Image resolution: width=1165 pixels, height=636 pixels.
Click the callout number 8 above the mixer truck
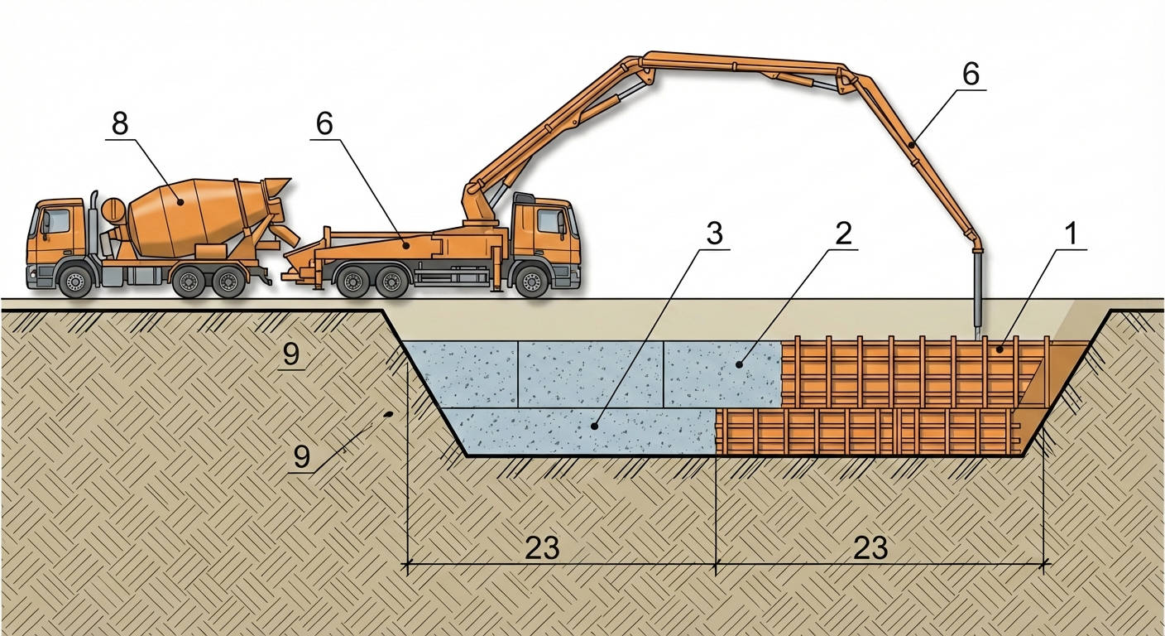120,124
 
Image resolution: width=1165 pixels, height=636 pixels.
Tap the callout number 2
844,234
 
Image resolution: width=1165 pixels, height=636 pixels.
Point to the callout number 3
715,234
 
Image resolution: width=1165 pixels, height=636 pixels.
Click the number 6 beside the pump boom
971,74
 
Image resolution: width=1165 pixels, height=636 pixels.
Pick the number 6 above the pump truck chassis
324,124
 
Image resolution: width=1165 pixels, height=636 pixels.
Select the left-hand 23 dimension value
542,547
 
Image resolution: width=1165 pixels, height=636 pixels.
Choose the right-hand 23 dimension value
870,547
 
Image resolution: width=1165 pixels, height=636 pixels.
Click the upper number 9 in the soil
291,354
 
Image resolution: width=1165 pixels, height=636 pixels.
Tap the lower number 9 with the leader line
302,456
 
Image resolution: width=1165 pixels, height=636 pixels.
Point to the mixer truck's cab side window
56,220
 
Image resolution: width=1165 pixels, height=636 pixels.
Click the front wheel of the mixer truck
76,281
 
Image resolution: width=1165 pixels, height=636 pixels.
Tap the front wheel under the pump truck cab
532,281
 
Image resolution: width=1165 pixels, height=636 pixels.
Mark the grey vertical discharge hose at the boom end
978,295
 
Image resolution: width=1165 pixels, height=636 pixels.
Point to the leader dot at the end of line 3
594,426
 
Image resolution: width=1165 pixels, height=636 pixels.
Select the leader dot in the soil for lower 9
389,414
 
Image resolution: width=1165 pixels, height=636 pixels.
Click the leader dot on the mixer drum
180,202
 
